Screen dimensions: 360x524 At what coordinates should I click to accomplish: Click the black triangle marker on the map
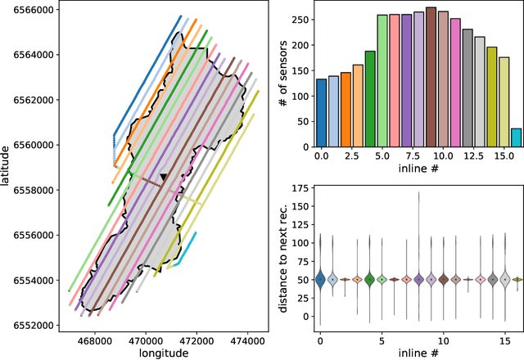click(x=164, y=177)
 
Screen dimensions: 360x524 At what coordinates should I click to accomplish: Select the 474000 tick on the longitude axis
click(x=251, y=336)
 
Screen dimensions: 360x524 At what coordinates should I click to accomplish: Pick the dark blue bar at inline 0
click(x=321, y=114)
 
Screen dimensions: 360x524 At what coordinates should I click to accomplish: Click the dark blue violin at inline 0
click(x=321, y=278)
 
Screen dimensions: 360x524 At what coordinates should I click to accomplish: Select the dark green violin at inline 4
click(x=369, y=279)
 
